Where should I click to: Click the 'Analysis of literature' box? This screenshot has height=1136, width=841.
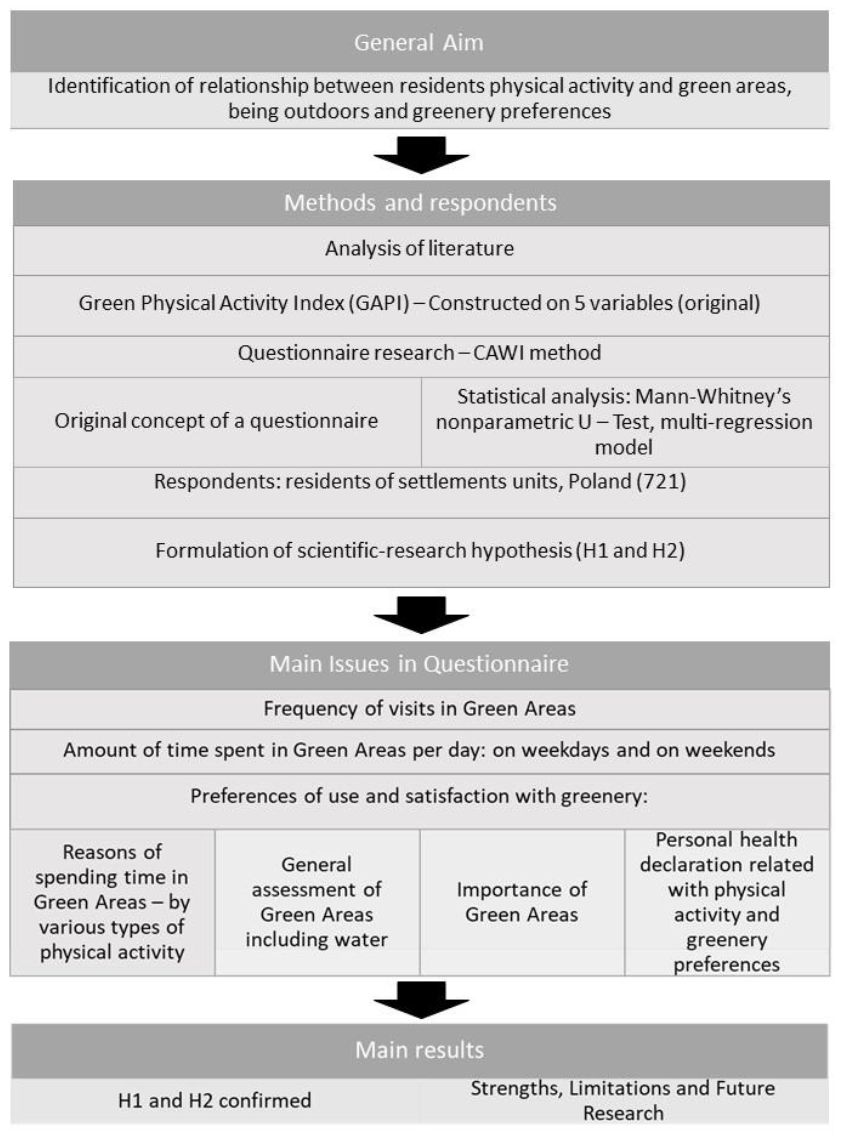pos(419,248)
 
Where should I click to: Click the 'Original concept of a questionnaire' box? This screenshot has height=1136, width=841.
pos(216,421)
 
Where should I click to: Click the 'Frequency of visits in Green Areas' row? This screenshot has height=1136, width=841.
pos(419,708)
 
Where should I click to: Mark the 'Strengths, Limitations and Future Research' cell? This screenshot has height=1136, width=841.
pos(623,1100)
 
